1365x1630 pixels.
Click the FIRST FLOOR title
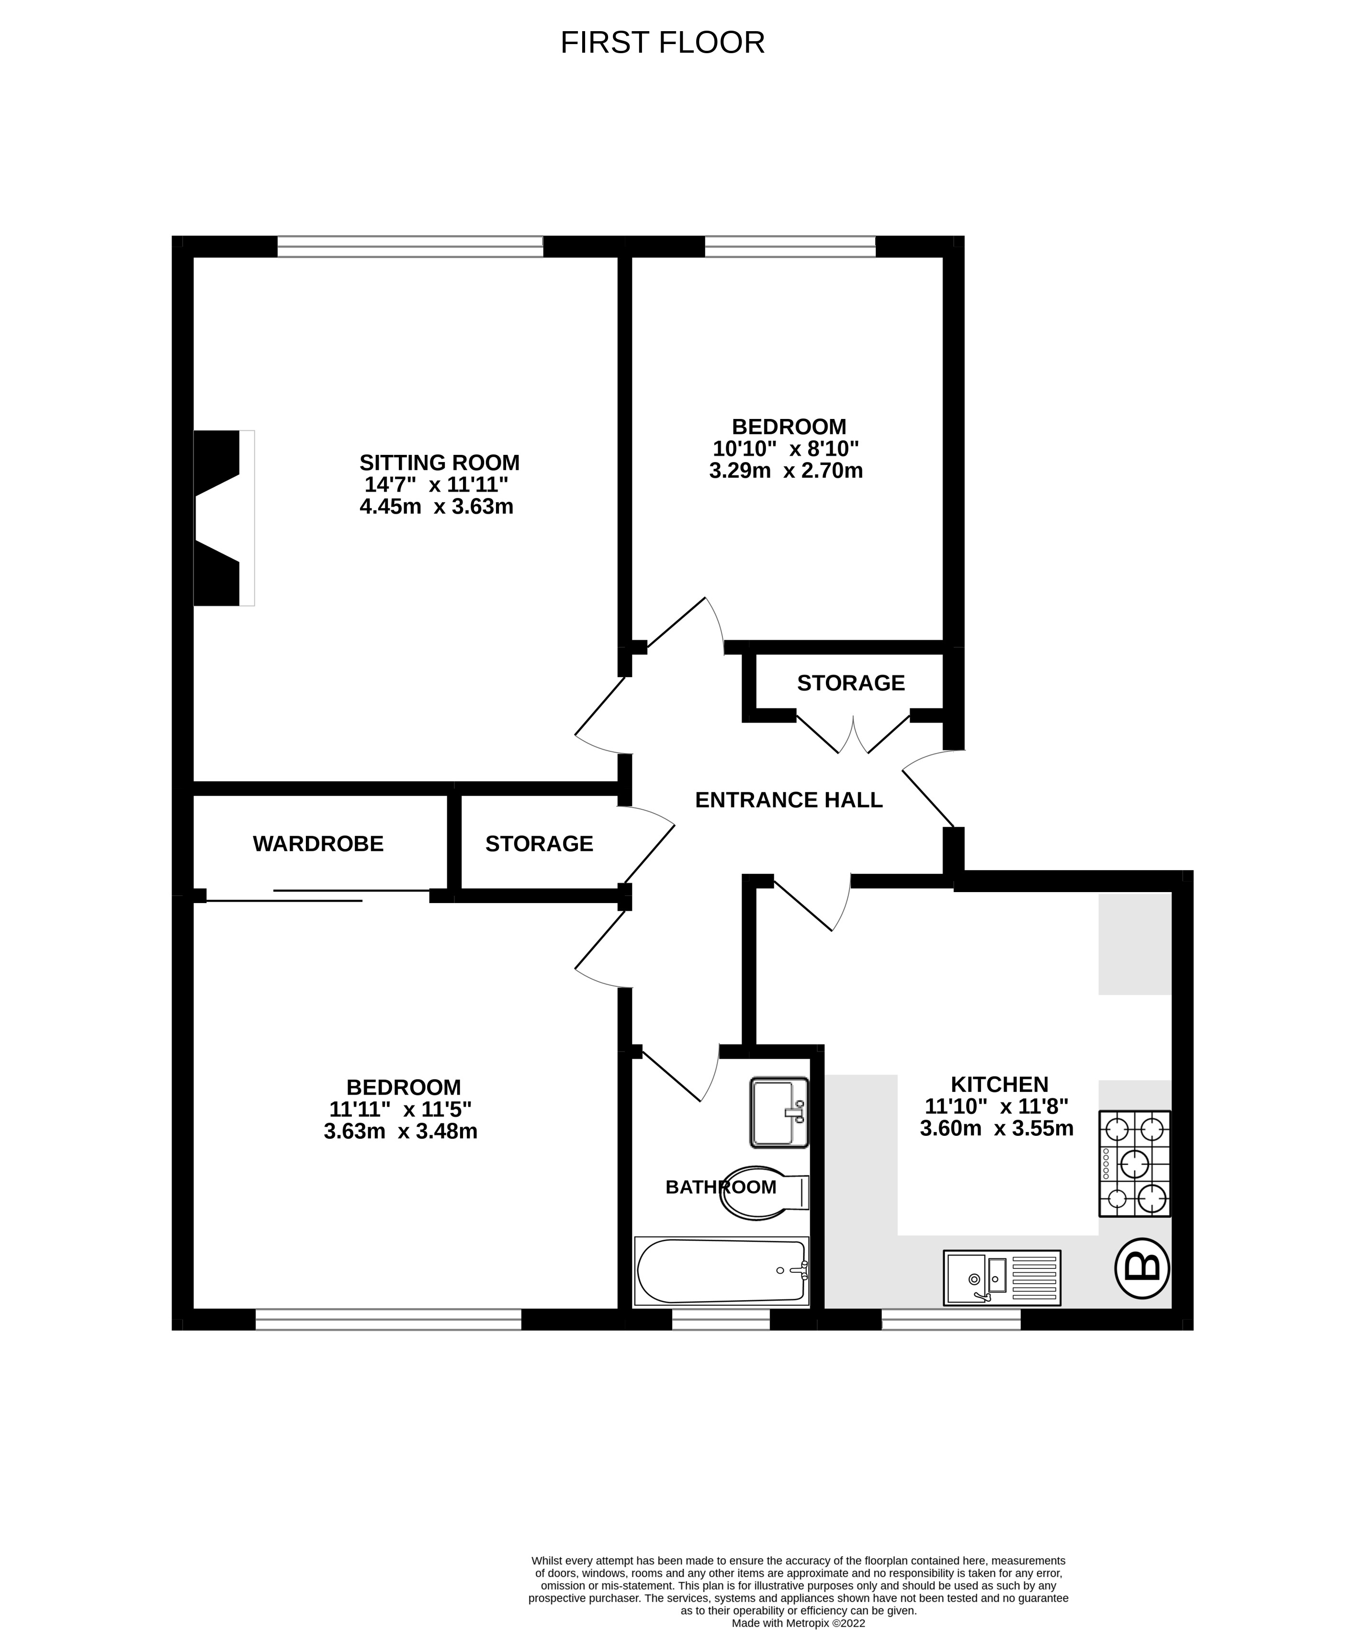coord(662,43)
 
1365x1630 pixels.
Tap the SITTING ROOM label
coord(439,463)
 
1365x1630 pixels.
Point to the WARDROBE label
coord(318,844)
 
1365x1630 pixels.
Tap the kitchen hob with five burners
coord(1134,1163)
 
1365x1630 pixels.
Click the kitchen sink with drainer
coord(1001,1277)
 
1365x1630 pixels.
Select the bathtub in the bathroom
coord(721,1270)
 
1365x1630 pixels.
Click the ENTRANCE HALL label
coord(789,800)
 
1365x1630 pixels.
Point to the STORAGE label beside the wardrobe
coord(539,844)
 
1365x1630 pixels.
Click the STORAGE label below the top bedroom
coord(850,683)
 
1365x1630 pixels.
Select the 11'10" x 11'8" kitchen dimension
coord(996,1106)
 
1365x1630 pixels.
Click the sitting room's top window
coord(410,247)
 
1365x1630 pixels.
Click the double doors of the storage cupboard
coord(853,734)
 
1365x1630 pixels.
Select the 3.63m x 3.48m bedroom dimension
coord(400,1132)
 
